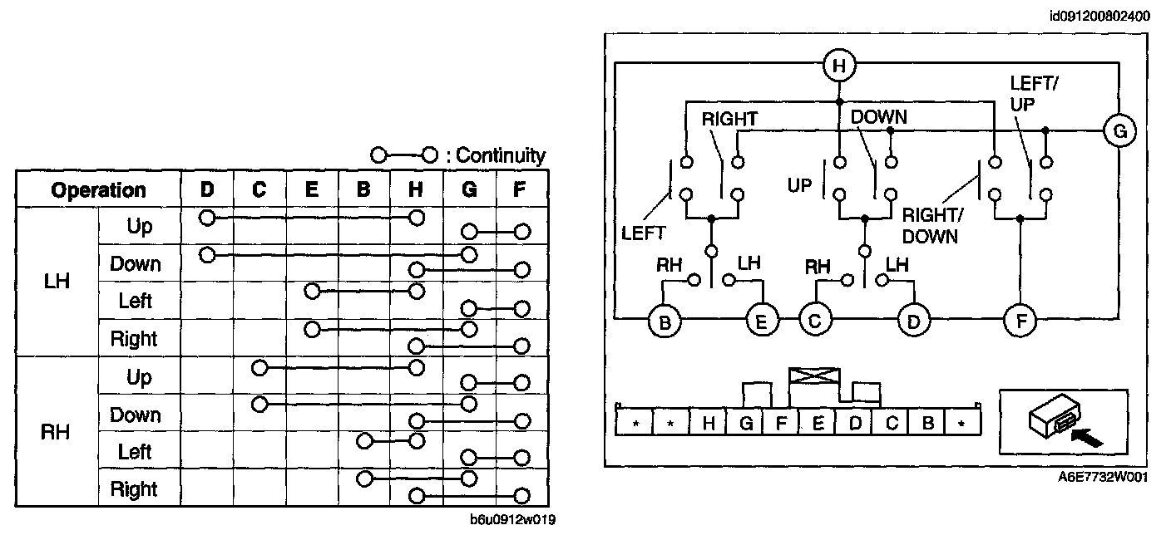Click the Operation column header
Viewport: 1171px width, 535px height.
click(98, 190)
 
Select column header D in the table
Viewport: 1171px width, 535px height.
click(207, 189)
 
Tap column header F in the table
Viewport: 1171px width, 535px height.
click(519, 189)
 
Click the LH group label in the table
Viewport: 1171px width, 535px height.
click(57, 282)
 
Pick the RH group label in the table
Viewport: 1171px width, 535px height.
click(56, 432)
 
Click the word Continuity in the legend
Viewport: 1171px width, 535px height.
click(501, 155)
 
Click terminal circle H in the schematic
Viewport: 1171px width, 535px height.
click(839, 66)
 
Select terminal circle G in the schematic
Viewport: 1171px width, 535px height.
click(1119, 130)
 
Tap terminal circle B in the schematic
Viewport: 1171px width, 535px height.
click(665, 321)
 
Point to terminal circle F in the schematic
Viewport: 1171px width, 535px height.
click(1020, 321)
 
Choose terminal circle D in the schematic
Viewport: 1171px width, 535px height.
click(913, 321)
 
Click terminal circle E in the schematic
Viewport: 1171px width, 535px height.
click(762, 321)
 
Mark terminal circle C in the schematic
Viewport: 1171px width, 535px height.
click(815, 321)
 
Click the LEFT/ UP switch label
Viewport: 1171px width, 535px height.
click(1034, 94)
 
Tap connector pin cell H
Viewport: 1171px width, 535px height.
click(709, 422)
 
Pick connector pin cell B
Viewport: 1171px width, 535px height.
click(927, 422)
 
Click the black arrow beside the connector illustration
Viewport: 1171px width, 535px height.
click(1086, 437)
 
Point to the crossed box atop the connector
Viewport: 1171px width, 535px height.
click(814, 375)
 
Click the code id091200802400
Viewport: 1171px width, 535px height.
click(1100, 16)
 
